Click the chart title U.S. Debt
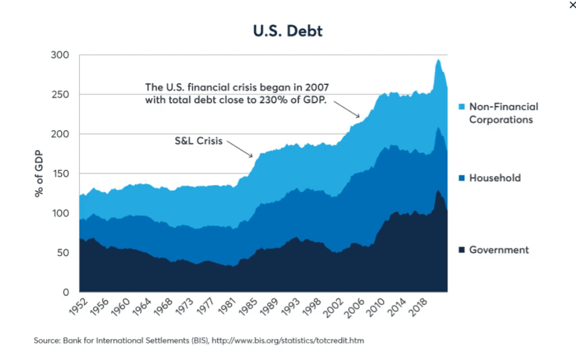point(288,31)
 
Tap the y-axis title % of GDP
point(39,173)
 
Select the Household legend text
point(495,178)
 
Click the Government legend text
point(499,250)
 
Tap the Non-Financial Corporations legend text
point(503,113)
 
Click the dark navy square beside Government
point(461,250)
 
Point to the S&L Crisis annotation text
point(198,141)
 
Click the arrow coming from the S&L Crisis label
point(241,149)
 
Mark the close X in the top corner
point(572,5)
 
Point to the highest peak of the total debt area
point(438,60)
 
